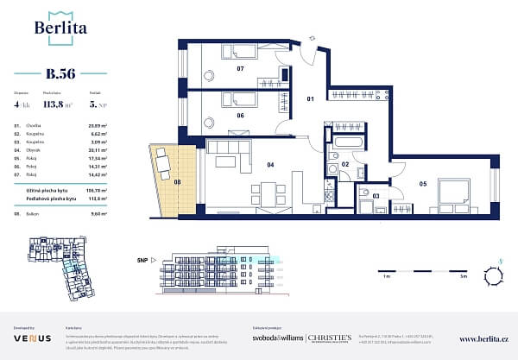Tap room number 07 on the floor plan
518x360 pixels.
tap(241, 67)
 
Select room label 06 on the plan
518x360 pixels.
tap(241, 115)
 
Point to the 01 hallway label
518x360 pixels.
tap(313, 99)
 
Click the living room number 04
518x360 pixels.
tap(270, 164)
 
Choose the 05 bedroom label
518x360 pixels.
tap(424, 183)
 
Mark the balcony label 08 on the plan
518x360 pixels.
tap(178, 183)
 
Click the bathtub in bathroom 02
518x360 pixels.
tap(349, 142)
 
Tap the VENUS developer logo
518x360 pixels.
tap(26, 338)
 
